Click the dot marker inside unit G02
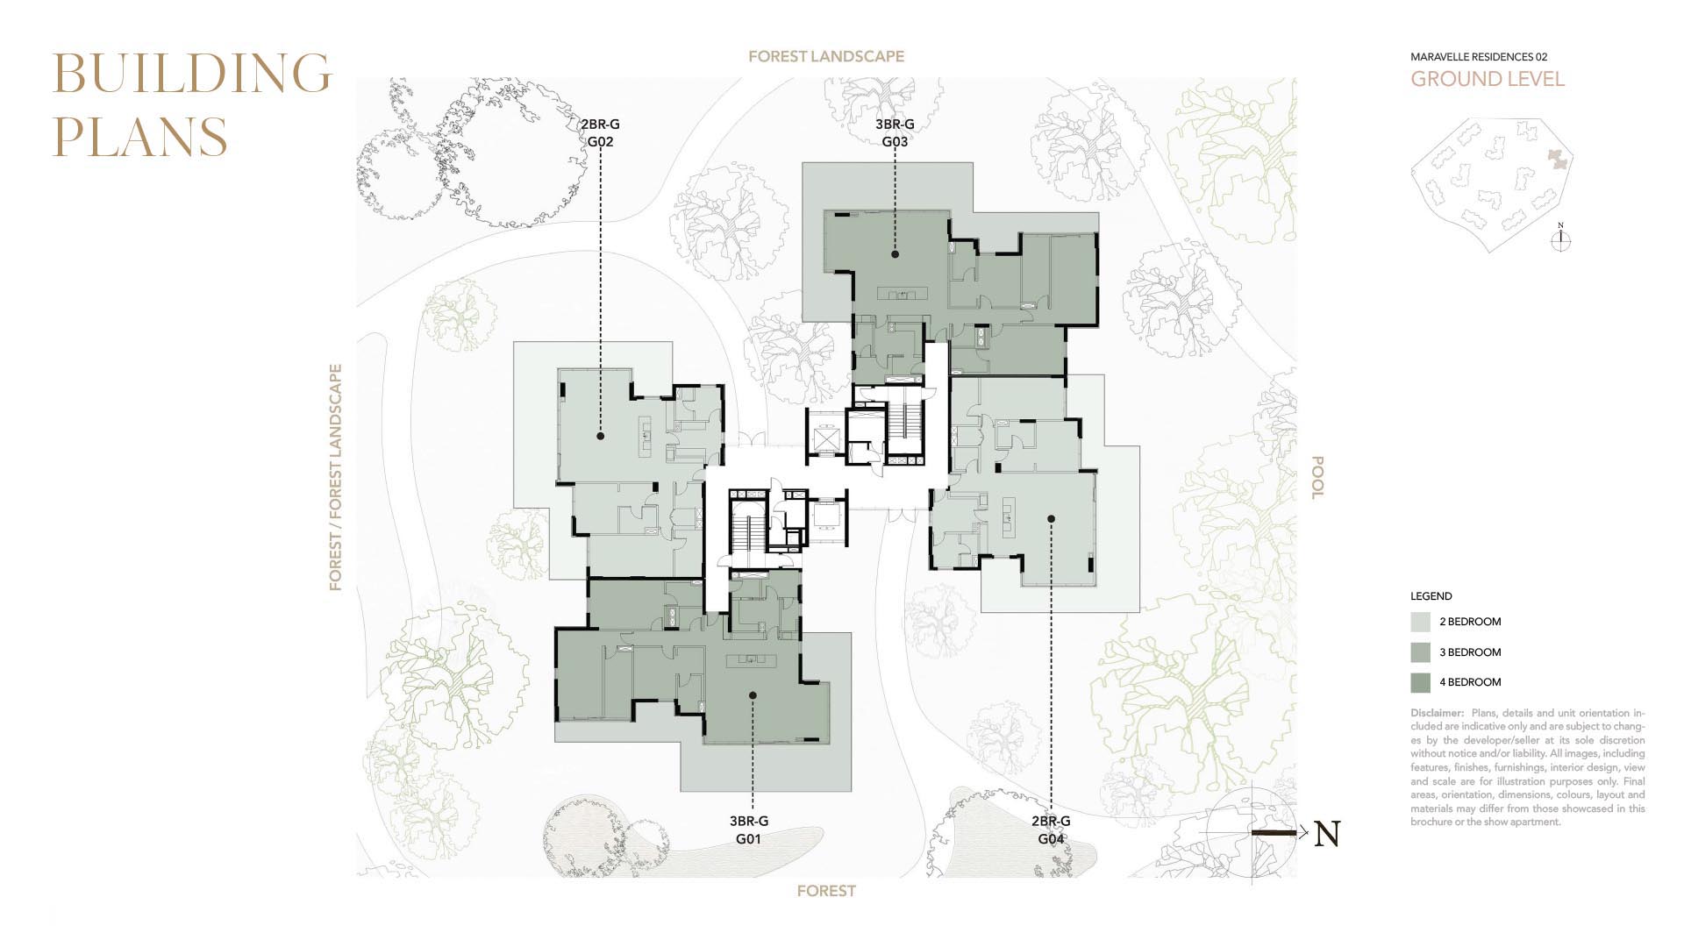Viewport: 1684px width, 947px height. [601, 436]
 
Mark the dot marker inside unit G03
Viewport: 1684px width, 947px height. [895, 254]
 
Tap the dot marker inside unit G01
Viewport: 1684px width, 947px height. [752, 695]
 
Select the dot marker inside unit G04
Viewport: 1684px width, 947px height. [1051, 519]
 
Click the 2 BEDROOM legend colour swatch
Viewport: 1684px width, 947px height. [1421, 622]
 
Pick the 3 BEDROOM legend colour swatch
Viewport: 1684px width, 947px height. [1421, 652]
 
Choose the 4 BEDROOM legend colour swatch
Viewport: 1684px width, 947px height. [1421, 682]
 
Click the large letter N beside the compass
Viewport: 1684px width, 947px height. [1327, 834]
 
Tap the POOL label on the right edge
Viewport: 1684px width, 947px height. [1317, 477]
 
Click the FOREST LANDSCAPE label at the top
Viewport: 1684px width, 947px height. [826, 56]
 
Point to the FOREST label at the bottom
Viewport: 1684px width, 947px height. [826, 891]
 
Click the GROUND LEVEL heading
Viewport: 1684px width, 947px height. [1488, 79]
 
